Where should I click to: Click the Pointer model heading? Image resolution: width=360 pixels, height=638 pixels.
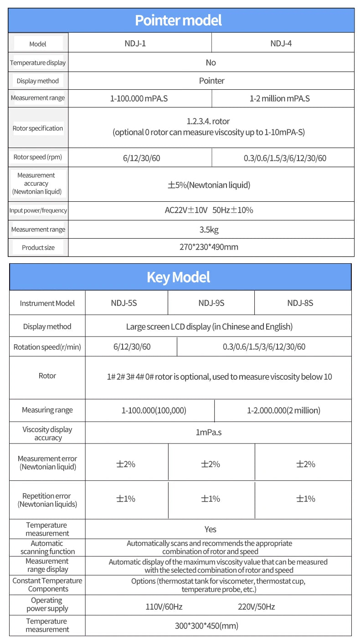pyautogui.click(x=179, y=20)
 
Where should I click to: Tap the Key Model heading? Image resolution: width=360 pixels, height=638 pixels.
pyautogui.click(x=179, y=277)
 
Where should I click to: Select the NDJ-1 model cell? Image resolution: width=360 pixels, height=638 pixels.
pyautogui.click(x=135, y=43)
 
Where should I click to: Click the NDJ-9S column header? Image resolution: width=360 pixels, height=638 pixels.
pyautogui.click(x=211, y=303)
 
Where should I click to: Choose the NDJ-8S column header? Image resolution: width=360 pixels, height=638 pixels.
pyautogui.click(x=300, y=303)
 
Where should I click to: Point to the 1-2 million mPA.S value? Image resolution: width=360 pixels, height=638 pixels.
pyautogui.click(x=279, y=98)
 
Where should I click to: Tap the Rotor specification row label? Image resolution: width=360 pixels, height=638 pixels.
pyautogui.click(x=38, y=128)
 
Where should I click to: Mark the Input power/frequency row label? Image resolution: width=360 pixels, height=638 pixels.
pyautogui.click(x=38, y=210)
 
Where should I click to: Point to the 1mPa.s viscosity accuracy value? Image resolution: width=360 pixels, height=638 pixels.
pyautogui.click(x=209, y=432)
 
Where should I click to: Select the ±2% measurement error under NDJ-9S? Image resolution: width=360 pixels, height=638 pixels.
pyautogui.click(x=211, y=464)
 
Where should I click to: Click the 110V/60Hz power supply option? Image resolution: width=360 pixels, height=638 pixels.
pyautogui.click(x=164, y=607)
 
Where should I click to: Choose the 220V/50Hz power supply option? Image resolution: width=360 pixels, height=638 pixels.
pyautogui.click(x=256, y=607)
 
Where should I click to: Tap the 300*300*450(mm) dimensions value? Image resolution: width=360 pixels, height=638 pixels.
pyautogui.click(x=206, y=626)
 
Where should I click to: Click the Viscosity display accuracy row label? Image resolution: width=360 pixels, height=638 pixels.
pyautogui.click(x=47, y=434)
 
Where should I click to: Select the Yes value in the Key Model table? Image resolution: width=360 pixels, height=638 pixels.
pyautogui.click(x=210, y=529)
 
